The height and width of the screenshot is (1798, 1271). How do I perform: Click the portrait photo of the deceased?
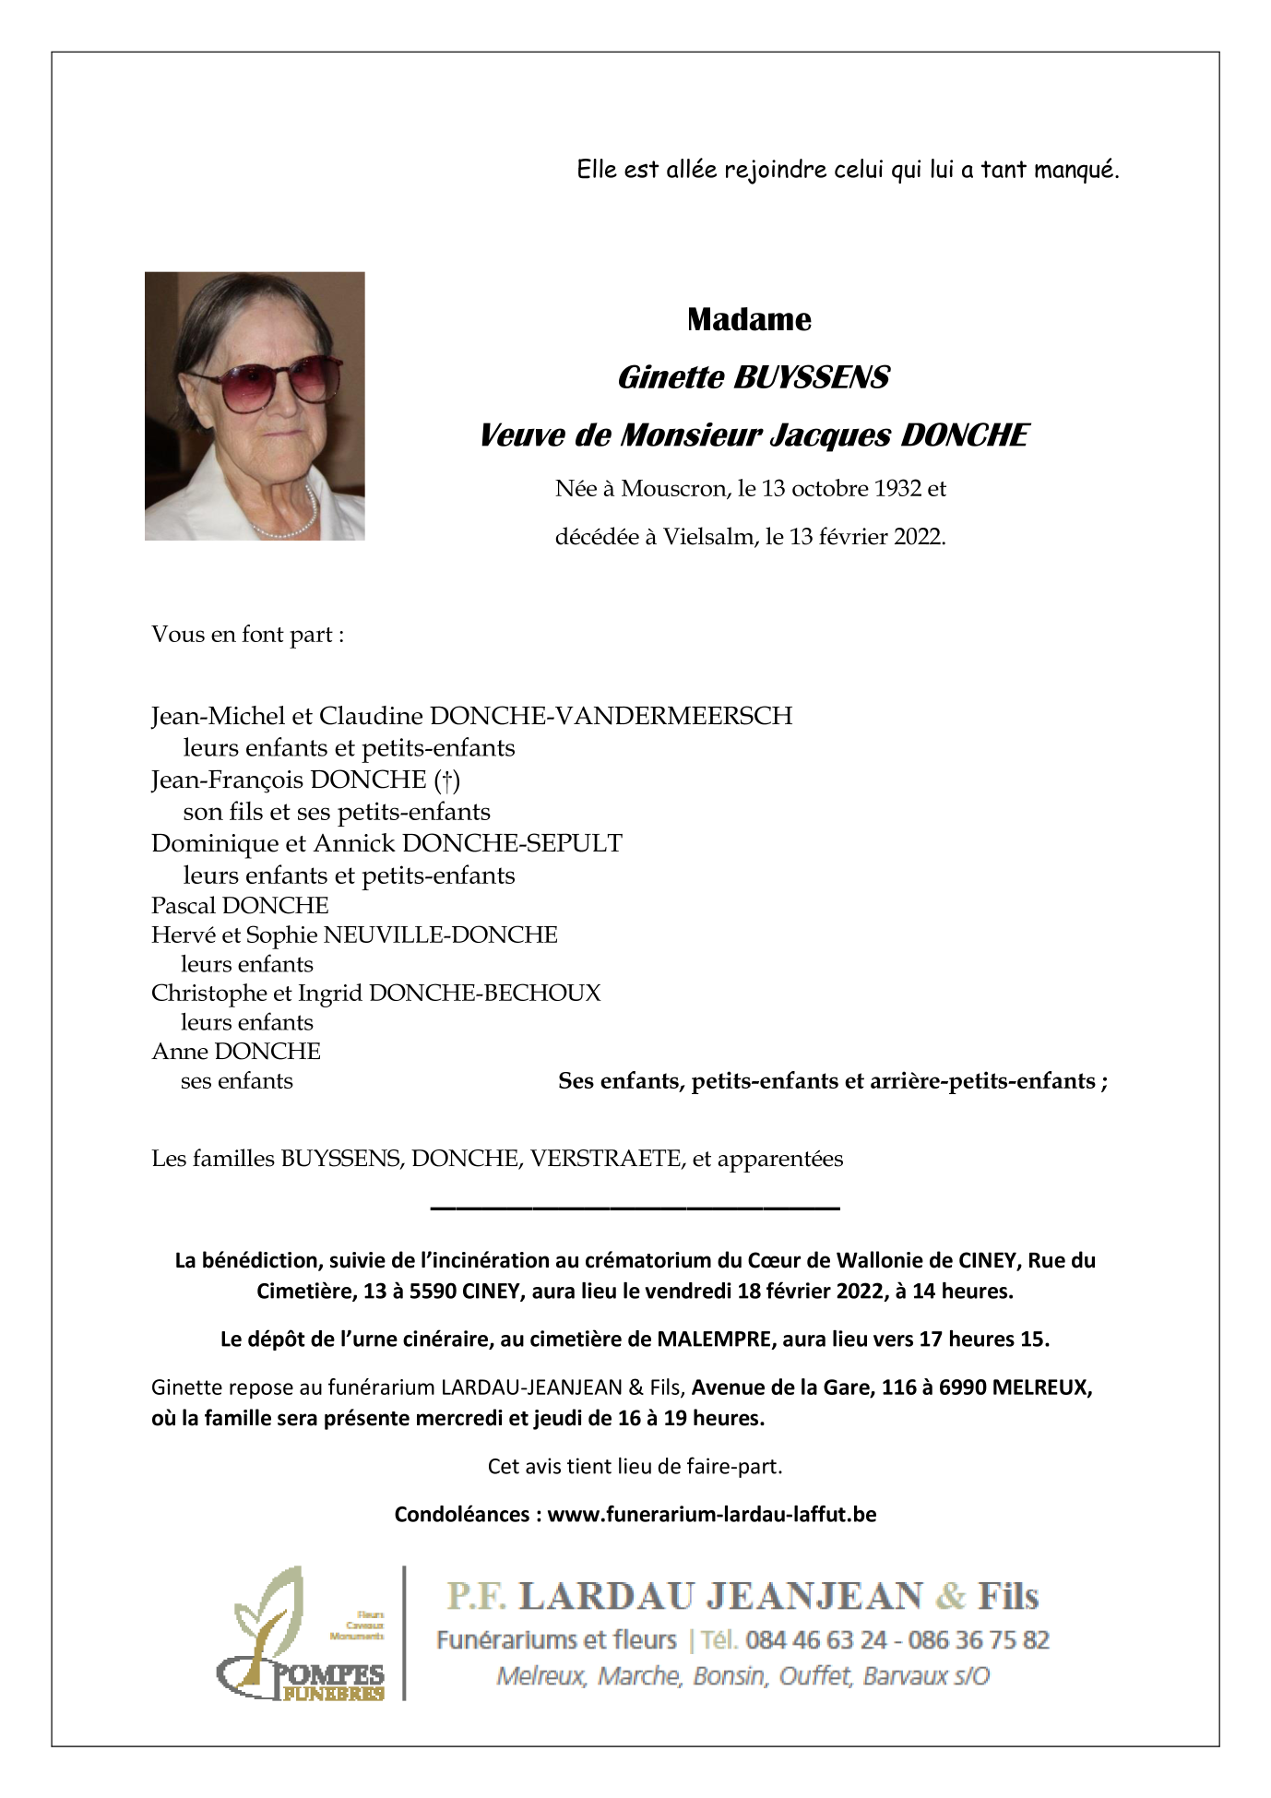pyautogui.click(x=255, y=406)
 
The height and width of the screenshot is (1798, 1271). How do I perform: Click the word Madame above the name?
pyautogui.click(x=749, y=320)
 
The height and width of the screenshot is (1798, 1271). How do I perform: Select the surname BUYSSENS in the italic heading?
pyautogui.click(x=811, y=378)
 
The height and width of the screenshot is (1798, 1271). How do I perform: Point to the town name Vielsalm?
pyautogui.click(x=708, y=537)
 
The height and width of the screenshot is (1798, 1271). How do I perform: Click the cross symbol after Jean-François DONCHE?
pyautogui.click(x=447, y=780)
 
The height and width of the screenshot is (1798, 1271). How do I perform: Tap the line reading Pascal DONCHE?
pyautogui.click(x=240, y=905)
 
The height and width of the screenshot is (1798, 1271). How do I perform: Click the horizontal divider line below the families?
pyautogui.click(x=635, y=1208)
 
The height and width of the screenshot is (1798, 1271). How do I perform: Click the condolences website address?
pyautogui.click(x=711, y=1514)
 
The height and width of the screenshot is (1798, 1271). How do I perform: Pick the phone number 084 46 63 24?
pyautogui.click(x=815, y=1639)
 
